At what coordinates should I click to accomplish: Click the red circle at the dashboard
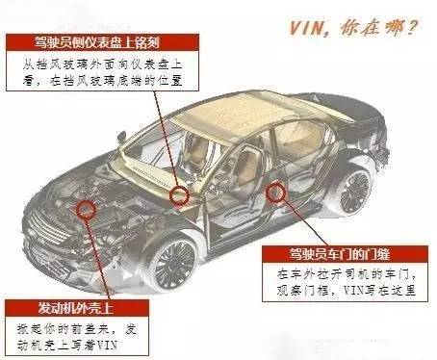pyautogui.click(x=179, y=195)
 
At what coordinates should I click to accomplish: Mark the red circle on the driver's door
pyautogui.click(x=278, y=193)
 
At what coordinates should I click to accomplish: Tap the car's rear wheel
pyautogui.click(x=355, y=188)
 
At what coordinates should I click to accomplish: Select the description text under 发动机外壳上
pyautogui.click(x=72, y=336)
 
